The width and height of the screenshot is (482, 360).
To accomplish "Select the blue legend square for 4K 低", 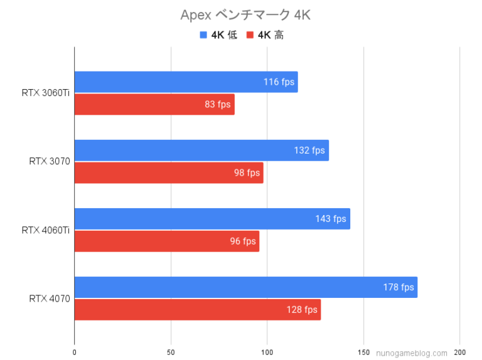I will [203, 35].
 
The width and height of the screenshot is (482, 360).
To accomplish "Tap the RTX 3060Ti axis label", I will [45, 93].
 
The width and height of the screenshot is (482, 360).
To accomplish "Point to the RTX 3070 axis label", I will [49, 161].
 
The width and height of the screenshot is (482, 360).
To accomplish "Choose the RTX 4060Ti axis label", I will [45, 230].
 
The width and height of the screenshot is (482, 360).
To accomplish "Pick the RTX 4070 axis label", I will [49, 299].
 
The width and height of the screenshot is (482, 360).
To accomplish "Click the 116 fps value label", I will [279, 82].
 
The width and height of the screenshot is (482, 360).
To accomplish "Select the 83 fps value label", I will [218, 104].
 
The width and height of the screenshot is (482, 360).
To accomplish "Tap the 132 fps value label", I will [310, 151].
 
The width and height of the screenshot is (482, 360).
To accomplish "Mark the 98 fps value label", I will [247, 172].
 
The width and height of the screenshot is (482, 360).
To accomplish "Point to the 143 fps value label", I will [331, 219].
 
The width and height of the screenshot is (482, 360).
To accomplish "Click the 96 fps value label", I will [243, 241].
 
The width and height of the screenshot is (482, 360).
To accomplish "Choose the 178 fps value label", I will [399, 287].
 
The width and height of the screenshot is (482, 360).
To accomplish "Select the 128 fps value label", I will [302, 309].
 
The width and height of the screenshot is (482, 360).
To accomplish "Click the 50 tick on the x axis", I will [171, 352].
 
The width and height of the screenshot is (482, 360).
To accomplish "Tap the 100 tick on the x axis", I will [267, 352].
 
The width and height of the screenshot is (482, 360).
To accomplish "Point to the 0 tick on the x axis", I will [75, 352].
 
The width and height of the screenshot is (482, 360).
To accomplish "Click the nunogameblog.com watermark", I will [412, 353].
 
